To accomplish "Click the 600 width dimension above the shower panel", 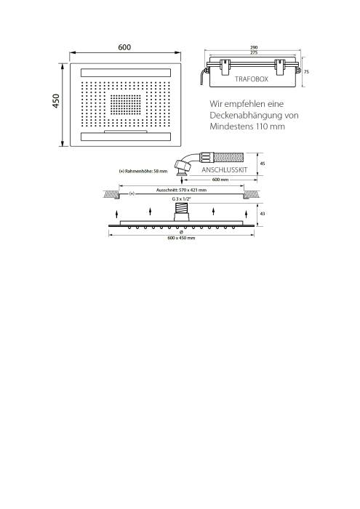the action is coord(124,47).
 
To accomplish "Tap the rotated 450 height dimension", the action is coord(56,101).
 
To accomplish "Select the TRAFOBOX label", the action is coord(252,79).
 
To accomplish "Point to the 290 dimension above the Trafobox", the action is coord(254,48).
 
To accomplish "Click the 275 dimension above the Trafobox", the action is coord(254,52).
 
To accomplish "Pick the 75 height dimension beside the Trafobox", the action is coord(306,72).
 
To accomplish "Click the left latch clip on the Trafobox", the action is coord(225,67).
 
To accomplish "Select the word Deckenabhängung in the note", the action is coord(246,115).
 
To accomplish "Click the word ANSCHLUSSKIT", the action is coord(224,169).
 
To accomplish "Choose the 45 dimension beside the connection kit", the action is coord(263,164).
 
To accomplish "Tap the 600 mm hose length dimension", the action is coord(220,180).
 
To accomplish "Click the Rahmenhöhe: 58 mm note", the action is coord(143,171).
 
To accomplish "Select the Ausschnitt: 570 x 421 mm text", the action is coord(181,190).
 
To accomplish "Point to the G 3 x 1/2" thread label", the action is coord(181,199).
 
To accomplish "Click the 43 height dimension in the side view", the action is coord(263,214).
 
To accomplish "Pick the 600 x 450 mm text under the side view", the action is coord(181,238).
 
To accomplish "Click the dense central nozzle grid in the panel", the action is coord(126,105).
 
